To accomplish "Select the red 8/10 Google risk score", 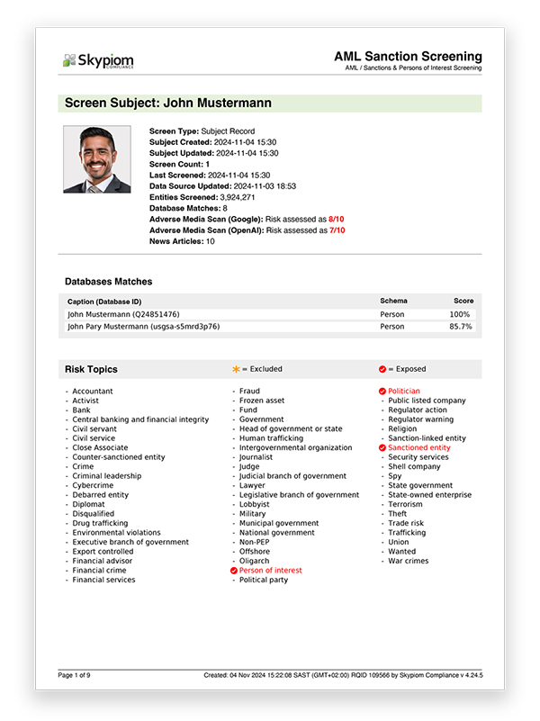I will (337, 219).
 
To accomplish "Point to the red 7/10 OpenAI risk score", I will (337, 230).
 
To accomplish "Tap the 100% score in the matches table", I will (460, 314).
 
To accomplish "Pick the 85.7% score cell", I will (460, 327).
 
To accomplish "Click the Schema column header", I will (393, 301).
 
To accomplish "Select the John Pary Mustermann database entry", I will (144, 327).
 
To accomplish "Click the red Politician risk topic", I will (403, 392).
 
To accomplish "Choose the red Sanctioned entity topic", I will (418, 447).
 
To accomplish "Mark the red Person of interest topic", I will (270, 571).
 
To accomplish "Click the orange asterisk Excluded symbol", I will (237, 369).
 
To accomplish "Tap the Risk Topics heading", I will (91, 369).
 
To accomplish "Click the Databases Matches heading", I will (108, 282).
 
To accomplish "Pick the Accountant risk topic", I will (94, 392).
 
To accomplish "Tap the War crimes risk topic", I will (409, 561).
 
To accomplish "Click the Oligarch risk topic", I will (255, 561).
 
